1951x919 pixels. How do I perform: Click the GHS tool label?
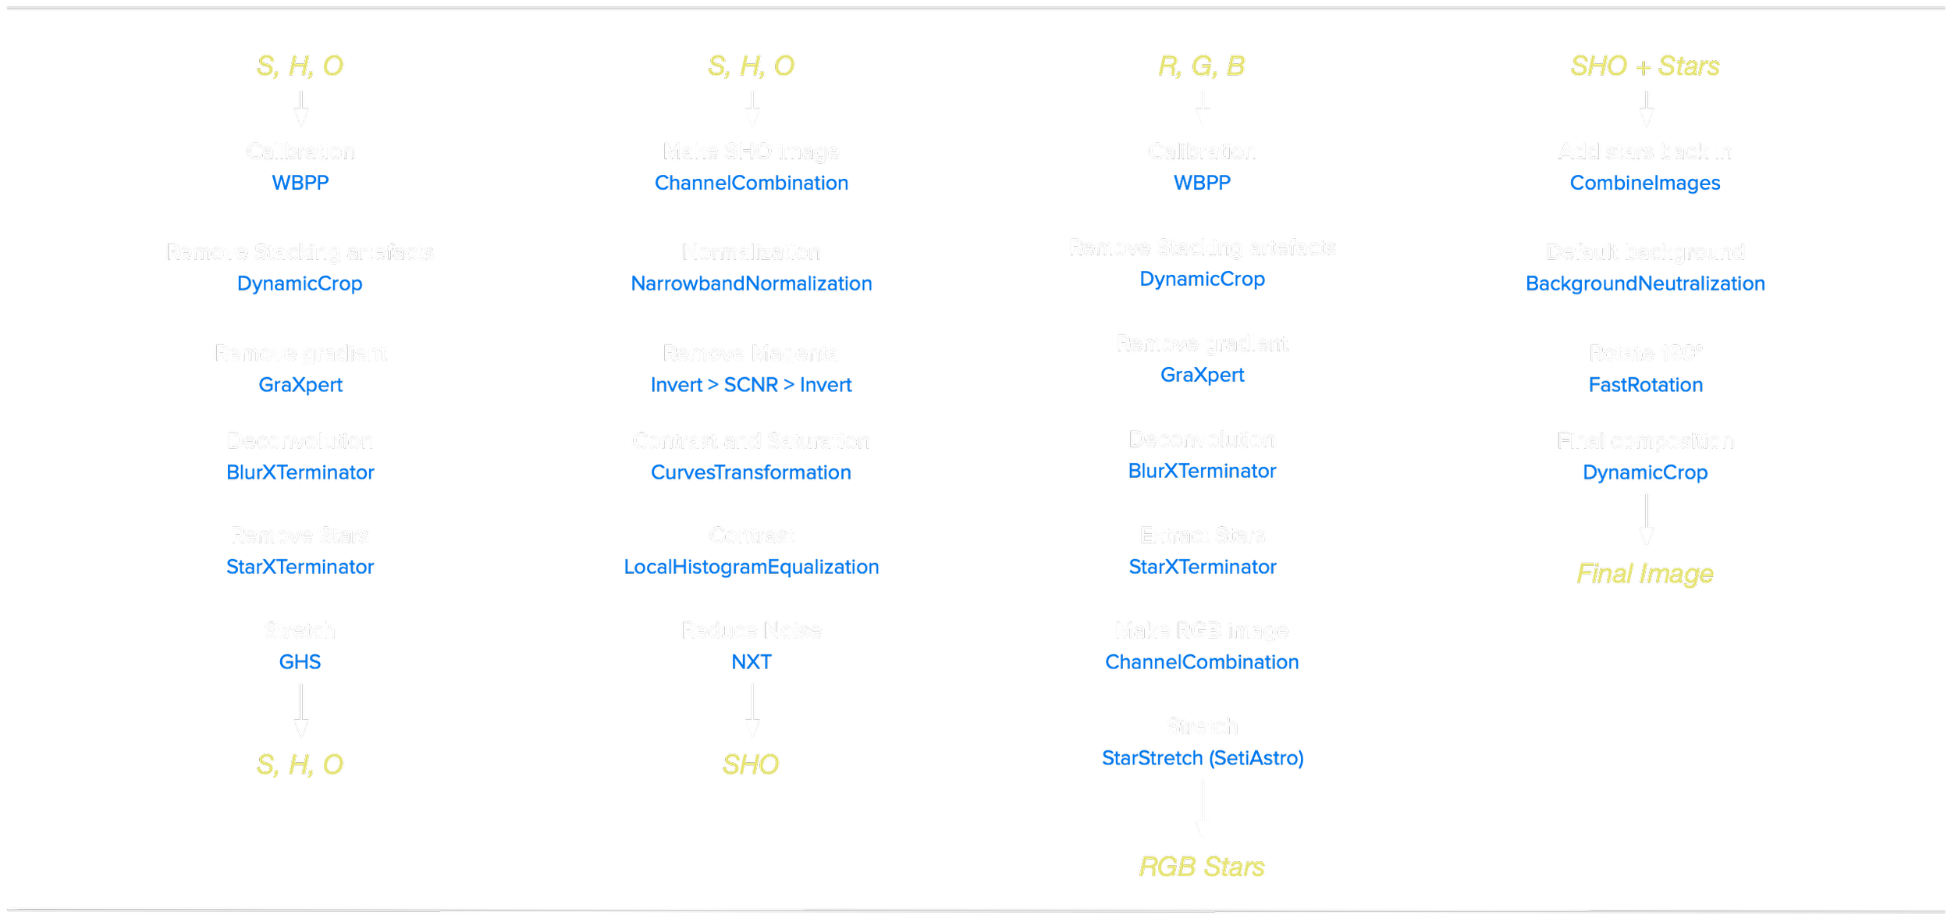300,662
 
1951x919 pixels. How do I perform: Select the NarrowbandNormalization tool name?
751,283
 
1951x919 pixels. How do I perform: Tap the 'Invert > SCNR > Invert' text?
751,385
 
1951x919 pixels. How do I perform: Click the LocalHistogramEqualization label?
751,567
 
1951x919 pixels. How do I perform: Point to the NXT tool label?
751,662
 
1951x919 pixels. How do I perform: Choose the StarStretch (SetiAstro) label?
1202,758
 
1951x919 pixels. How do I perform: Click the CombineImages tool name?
1645,183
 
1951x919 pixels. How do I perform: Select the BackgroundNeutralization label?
1645,283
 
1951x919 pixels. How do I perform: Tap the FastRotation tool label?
1645,385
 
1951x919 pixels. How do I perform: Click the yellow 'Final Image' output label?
1645,574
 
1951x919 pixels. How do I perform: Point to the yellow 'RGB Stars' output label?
1202,867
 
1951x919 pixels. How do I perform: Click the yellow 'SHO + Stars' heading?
1645,66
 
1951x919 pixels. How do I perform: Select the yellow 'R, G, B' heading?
1202,66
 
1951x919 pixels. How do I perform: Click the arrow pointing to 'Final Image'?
1647,521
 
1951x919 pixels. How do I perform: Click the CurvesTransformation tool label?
751,472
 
